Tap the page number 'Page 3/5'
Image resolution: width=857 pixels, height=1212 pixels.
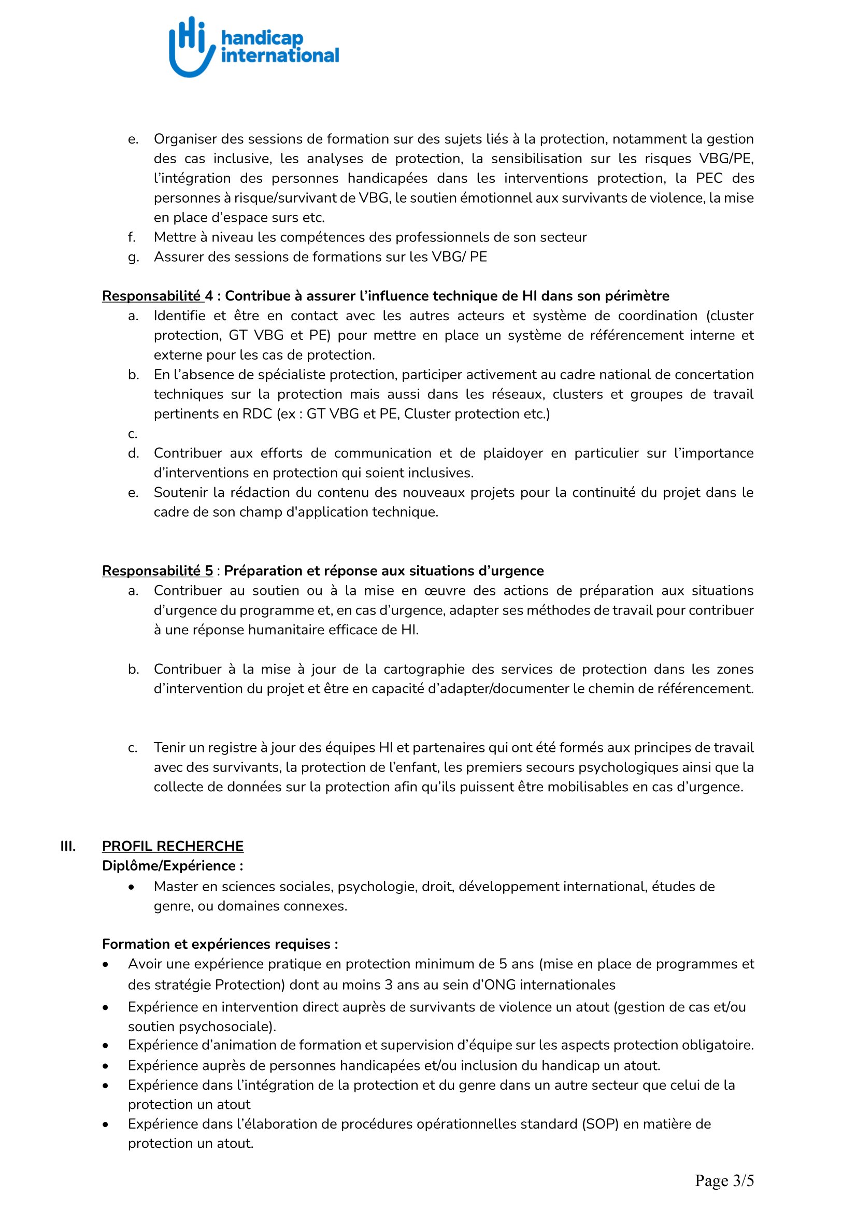coord(724,1180)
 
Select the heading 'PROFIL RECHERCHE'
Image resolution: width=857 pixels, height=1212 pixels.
coord(173,846)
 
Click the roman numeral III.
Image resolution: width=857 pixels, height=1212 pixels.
coord(68,846)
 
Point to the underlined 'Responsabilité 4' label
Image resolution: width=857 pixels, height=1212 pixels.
coord(158,296)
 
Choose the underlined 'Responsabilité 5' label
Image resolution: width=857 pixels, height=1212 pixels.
coord(158,571)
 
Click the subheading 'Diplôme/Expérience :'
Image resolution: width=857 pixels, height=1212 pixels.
coord(173,866)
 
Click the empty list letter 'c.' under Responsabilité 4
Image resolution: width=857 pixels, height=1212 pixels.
coord(133,434)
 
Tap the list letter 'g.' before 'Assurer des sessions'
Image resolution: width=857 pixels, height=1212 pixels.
coord(133,258)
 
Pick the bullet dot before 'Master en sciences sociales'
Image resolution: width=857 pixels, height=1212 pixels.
coord(132,887)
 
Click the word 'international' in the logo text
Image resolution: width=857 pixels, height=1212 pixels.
coord(280,55)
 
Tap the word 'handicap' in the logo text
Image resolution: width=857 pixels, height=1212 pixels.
coord(262,37)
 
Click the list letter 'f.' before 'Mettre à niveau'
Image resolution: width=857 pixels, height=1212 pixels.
coord(132,237)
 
